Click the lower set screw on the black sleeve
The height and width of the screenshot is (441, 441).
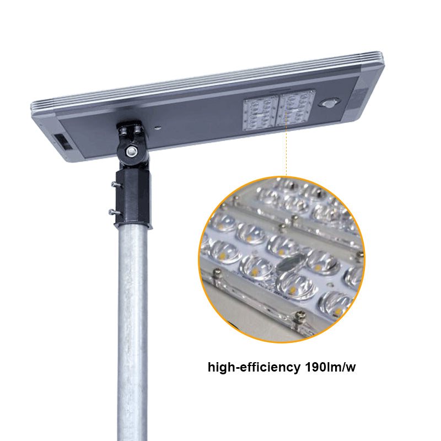pos(112,211)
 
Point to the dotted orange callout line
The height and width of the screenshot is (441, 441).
pos(286,152)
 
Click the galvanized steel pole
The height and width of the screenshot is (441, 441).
pos(132,331)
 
